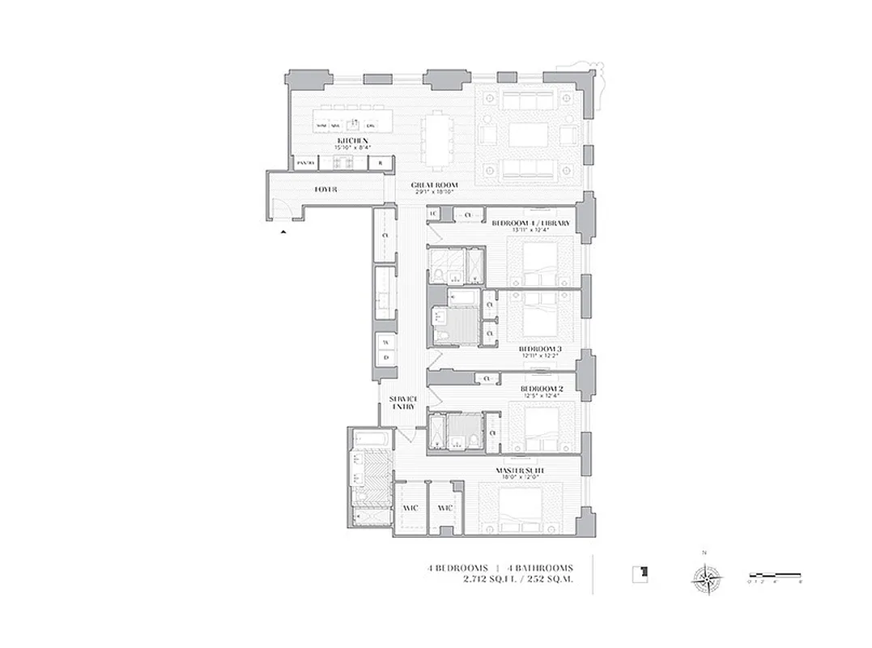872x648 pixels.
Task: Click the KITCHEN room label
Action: [x=354, y=141]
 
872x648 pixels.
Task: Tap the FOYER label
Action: [x=325, y=189]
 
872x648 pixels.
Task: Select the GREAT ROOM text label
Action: [x=434, y=185]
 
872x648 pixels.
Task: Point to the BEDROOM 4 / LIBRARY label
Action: [x=530, y=224]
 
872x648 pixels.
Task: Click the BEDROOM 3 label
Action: [x=540, y=350]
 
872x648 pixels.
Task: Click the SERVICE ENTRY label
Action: [x=403, y=403]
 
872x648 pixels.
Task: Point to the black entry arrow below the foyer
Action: [x=283, y=232]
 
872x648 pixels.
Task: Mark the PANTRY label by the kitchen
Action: [x=304, y=163]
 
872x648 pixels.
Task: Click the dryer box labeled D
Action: [x=385, y=357]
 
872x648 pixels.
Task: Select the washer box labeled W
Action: [x=385, y=340]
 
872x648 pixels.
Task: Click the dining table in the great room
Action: [x=437, y=139]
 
